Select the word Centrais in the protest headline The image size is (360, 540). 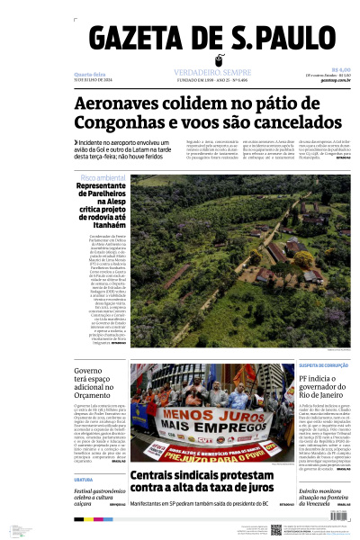pyautogui.click(x=157, y=476)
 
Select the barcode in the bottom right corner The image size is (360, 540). pyautogui.click(x=342, y=530)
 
